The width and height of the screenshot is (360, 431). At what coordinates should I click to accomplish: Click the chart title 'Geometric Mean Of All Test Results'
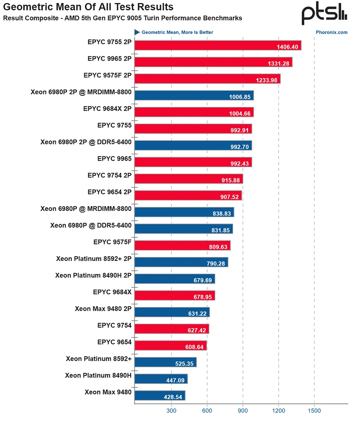coord(88,7)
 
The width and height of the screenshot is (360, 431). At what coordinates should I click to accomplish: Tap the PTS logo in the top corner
coord(324,15)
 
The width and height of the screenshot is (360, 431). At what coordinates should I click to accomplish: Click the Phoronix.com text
coord(331,32)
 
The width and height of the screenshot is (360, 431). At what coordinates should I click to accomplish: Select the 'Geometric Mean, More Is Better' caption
coord(177,32)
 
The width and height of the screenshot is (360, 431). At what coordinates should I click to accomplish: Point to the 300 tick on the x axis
coord(171,411)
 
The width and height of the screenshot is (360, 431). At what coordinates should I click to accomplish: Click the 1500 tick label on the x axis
coord(314,411)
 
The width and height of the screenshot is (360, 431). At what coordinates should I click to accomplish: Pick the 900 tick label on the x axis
coord(243,411)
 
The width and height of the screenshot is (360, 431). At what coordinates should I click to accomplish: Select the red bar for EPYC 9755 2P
coord(217,45)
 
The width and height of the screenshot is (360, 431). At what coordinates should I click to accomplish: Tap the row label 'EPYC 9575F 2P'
coord(108,75)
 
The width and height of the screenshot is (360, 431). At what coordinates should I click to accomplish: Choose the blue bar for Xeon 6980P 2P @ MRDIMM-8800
coord(194,95)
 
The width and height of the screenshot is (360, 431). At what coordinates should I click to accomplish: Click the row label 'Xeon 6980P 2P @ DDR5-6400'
coord(86,142)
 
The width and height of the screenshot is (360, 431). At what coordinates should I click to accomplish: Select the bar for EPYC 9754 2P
coord(189,179)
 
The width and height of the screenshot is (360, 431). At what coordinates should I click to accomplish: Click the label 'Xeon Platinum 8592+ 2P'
coord(94,259)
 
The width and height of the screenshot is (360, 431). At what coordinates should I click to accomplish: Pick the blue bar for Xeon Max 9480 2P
coord(172,312)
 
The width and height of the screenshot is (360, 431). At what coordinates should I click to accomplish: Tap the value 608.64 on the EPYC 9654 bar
coord(195,347)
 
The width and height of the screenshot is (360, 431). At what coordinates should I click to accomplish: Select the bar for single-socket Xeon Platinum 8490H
coord(161,379)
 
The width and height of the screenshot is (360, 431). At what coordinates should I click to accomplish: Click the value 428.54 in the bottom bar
coord(173,397)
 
